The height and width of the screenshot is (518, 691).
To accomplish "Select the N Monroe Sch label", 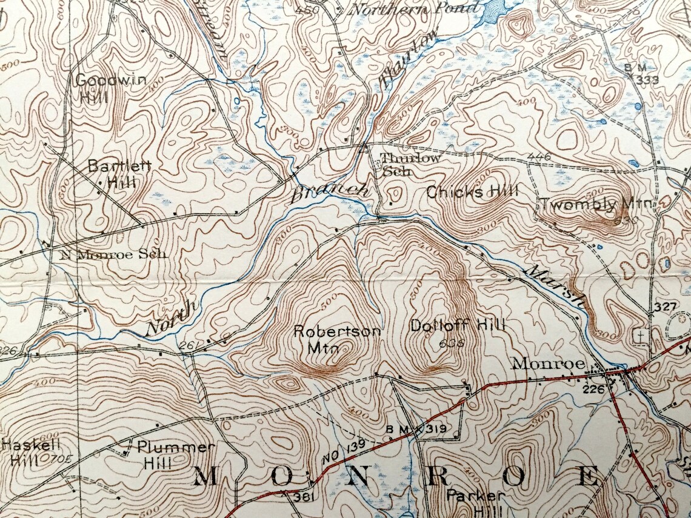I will coord(113,254).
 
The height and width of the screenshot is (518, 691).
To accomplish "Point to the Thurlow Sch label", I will coord(410,164).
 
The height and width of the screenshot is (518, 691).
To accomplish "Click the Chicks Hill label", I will coord(472,193).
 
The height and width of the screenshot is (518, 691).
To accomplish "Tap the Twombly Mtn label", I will coord(596,204).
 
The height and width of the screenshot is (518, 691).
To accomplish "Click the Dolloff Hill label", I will coord(457,325).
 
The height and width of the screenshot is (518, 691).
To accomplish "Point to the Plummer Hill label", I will coord(175,454).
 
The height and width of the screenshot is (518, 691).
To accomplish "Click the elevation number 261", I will coord(188,345).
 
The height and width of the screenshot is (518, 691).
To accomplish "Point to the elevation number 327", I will coord(664,308).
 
